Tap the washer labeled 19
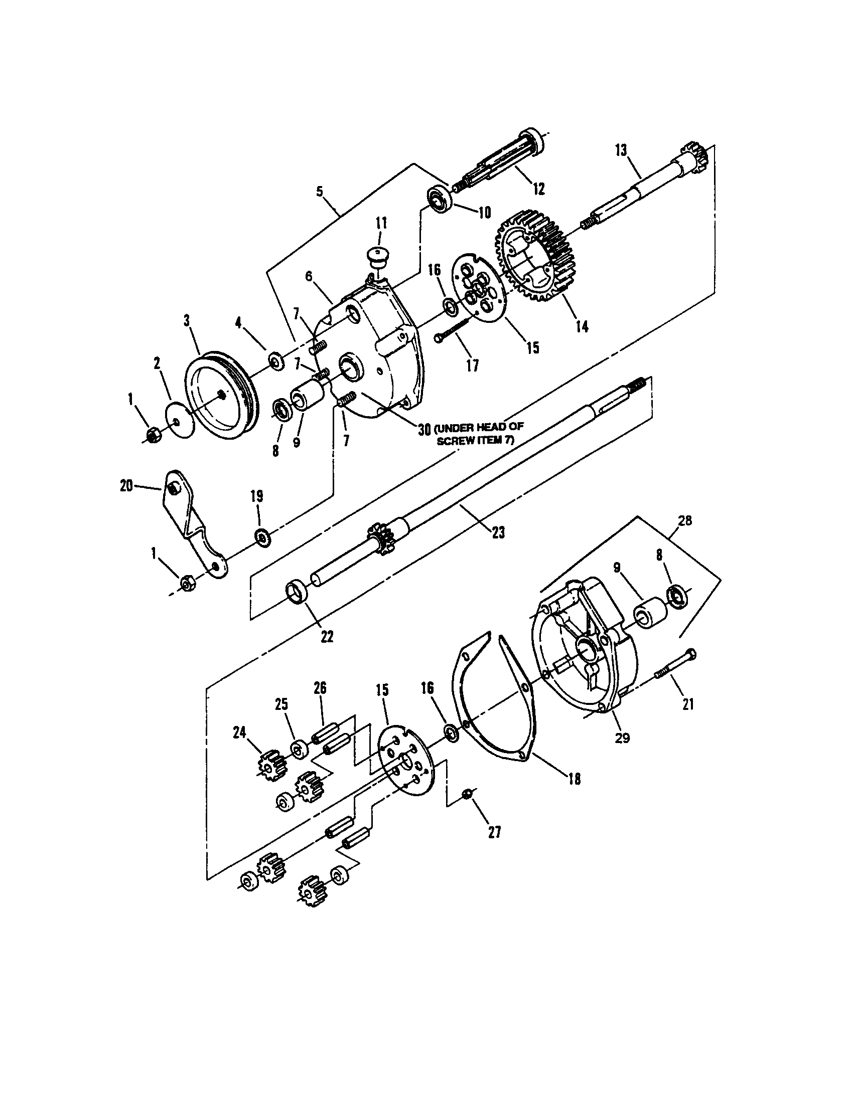pyautogui.click(x=263, y=537)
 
